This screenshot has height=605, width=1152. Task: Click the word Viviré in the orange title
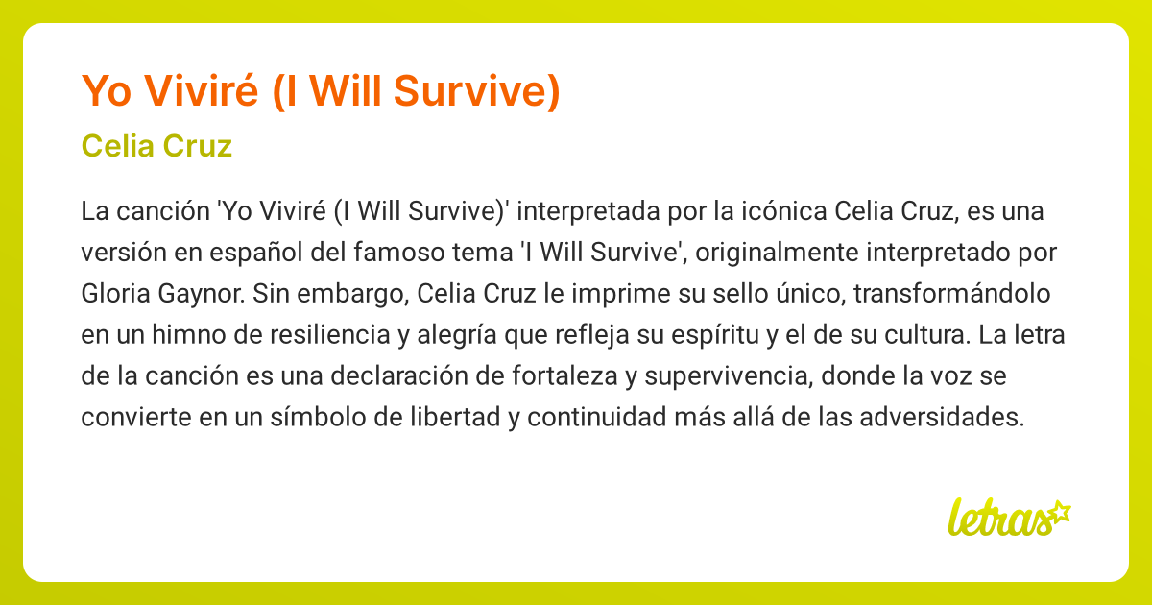201,90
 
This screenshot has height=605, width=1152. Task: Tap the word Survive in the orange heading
476,91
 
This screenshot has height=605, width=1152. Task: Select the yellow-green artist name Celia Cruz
156,146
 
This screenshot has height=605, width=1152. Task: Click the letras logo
1010,518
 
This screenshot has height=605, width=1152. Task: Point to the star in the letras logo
1059,513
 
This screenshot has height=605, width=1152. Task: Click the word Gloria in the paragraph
116,294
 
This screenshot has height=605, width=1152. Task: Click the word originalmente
777,254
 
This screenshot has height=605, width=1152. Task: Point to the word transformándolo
952,294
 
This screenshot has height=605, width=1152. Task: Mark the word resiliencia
329,335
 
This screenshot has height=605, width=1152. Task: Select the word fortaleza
564,376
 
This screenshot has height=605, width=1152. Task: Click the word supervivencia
729,377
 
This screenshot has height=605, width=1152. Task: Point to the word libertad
455,417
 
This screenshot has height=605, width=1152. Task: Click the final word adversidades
942,417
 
